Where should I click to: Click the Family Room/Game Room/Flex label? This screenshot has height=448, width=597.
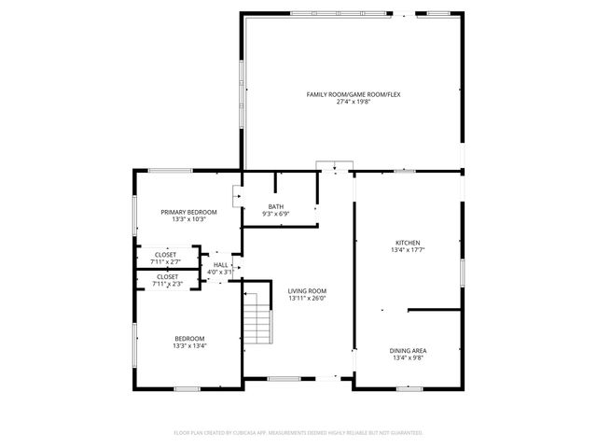pos(354,94)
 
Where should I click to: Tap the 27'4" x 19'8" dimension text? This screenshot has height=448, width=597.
pos(354,102)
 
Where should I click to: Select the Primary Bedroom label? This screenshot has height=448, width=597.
pos(188,212)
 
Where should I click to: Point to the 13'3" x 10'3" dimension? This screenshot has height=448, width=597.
pos(188,219)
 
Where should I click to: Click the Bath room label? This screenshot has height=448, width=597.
pos(276,206)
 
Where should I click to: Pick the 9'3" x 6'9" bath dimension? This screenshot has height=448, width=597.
pos(276,214)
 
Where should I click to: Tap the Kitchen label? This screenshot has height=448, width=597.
pos(409,243)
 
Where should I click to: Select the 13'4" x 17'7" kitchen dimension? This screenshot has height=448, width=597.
pos(409,250)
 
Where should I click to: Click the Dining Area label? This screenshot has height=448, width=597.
pos(409,350)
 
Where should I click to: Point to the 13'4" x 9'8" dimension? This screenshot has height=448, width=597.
pos(409,357)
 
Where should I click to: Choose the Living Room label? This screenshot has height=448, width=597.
pos(301,290)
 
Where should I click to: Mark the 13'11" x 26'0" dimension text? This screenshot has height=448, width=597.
pos(301,298)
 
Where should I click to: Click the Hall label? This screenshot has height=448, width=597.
pos(220,265)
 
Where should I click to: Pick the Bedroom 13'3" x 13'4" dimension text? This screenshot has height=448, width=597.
pos(188,345)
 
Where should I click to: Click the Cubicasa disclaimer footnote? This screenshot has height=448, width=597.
pos(298,433)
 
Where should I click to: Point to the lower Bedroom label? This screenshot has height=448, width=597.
pos(188,338)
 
